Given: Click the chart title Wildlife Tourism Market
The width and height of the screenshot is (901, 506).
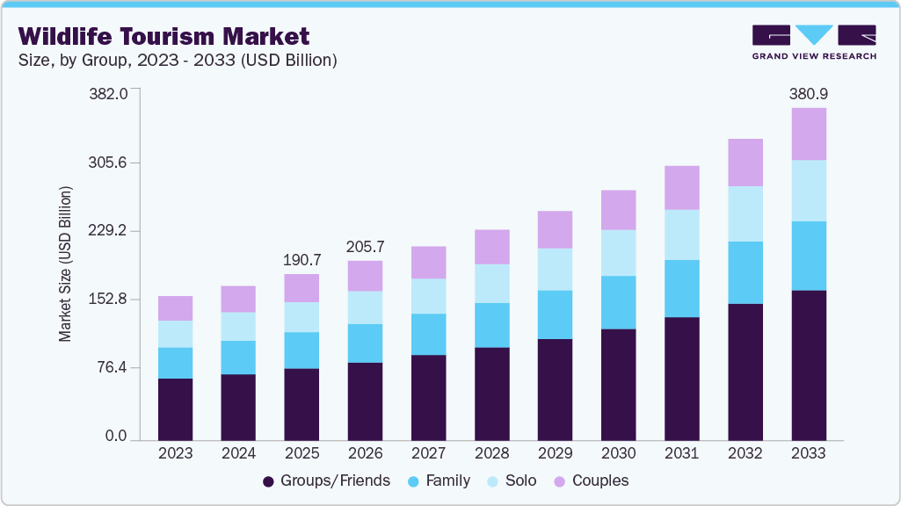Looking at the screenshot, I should pos(163,36).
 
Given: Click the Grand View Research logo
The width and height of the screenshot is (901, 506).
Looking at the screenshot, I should pos(813,42).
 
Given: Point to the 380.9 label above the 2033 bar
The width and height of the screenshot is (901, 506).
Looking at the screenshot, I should pos(808,94).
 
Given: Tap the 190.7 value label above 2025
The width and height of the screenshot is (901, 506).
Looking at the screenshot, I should pos(302,260).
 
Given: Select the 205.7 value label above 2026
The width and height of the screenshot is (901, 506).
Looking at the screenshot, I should pos(365,247).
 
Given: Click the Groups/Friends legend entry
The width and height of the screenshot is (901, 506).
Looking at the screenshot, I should pos(326,481).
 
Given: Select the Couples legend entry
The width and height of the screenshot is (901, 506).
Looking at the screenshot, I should pos(591,481).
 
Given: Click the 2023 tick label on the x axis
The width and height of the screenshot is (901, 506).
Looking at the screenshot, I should pos(175,453).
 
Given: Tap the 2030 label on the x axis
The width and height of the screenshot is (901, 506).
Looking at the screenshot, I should pos(618,453).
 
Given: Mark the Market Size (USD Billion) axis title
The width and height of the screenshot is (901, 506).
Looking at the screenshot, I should pos(65,264).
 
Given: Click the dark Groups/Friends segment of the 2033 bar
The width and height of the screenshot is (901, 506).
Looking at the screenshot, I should pos(808,365).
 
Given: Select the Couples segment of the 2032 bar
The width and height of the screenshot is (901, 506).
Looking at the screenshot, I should pos(745,163).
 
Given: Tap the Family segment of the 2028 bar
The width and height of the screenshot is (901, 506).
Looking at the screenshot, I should pos(491,325).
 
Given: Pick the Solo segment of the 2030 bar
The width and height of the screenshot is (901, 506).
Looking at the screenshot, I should pos(618,253).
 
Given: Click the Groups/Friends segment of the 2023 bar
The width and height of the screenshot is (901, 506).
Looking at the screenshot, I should pos(175,408).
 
